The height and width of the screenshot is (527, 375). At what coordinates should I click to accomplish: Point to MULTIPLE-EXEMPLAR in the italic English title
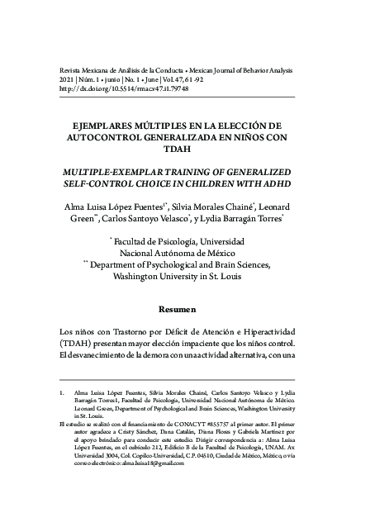pos(113,168)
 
